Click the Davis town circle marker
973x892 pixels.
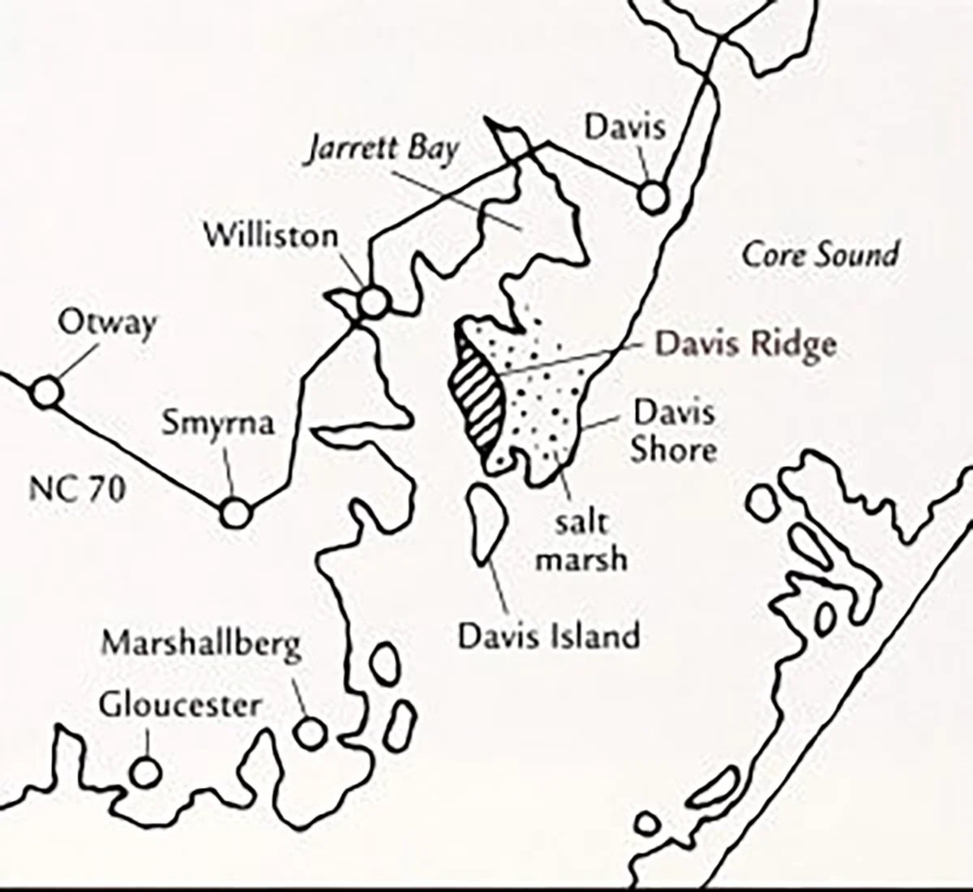point(653,197)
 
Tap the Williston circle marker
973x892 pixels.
point(373,302)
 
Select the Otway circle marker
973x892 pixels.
point(46,392)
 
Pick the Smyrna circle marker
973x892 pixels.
point(235,512)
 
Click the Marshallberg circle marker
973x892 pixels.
point(309,732)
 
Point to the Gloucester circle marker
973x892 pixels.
point(144,772)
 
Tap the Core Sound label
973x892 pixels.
point(821,255)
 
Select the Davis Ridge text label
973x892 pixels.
point(745,344)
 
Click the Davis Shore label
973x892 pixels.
point(674,431)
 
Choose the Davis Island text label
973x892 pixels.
point(549,635)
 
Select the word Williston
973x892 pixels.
point(271,236)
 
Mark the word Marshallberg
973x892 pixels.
point(201,645)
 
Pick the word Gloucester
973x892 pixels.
point(180,705)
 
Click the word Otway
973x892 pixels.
point(106,324)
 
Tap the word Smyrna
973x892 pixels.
point(218,423)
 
